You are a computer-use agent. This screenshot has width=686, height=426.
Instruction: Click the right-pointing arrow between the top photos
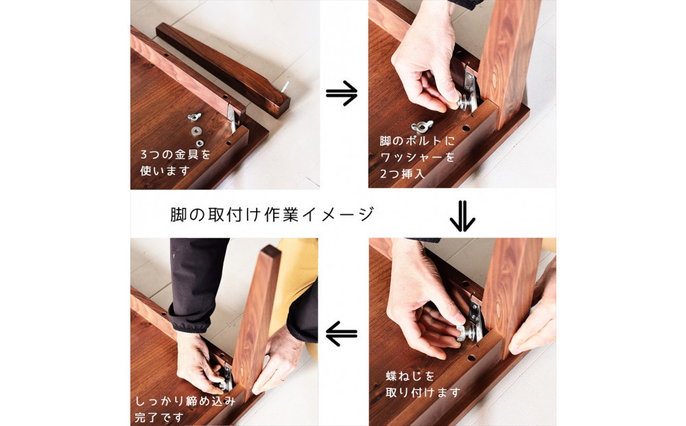342,95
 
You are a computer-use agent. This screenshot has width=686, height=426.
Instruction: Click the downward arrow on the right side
462,217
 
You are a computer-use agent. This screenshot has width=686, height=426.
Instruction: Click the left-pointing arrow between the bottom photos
341,334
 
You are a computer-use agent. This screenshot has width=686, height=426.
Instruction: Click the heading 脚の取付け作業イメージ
272,214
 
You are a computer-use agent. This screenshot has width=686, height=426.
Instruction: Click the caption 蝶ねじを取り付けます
421,384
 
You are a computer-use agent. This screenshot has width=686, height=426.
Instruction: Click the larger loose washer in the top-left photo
197,130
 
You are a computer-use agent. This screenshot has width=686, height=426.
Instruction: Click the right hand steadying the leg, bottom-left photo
279,359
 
